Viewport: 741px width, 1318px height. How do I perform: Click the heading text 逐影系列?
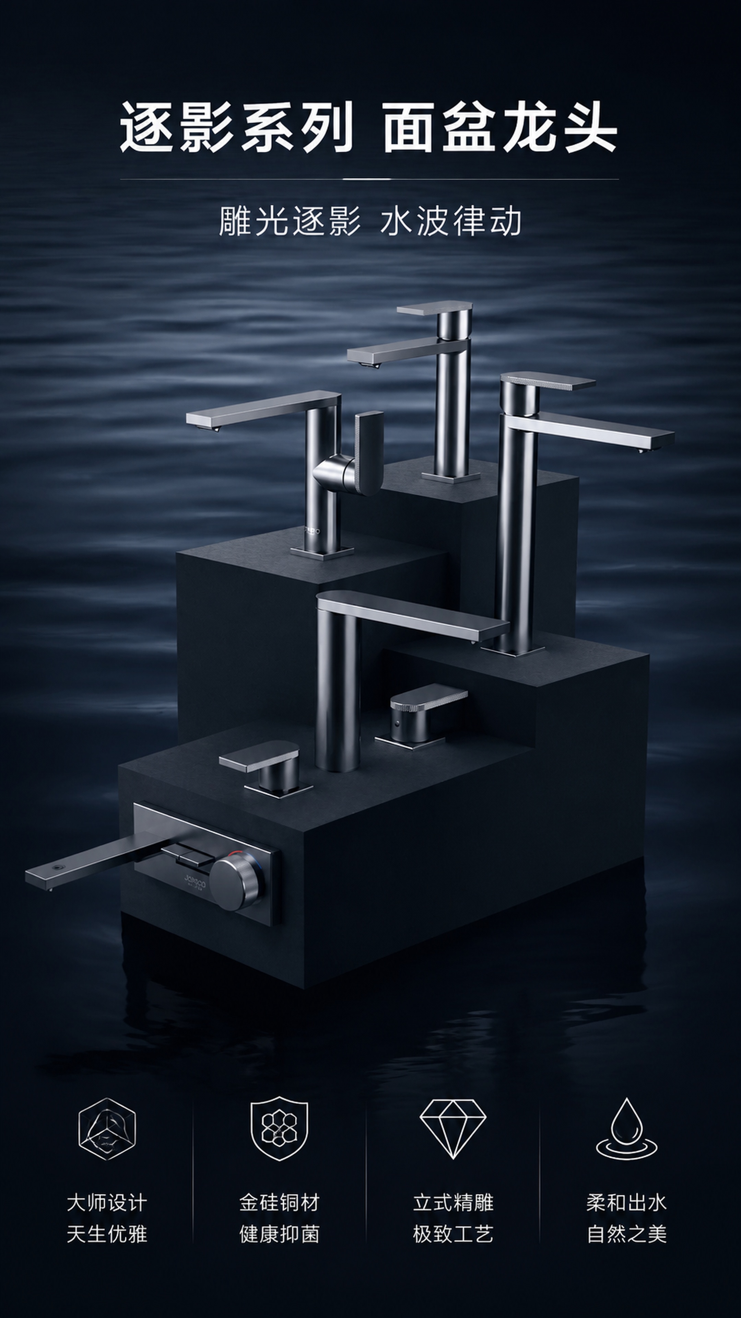(x=237, y=127)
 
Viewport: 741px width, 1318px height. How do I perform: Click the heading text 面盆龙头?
(x=500, y=127)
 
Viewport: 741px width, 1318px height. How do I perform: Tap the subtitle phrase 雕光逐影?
(x=290, y=221)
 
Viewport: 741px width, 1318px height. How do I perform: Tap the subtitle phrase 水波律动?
(x=450, y=221)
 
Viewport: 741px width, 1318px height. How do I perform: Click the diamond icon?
(x=452, y=1129)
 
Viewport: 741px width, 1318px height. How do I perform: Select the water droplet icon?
(x=626, y=1128)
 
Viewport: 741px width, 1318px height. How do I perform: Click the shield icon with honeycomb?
(x=279, y=1128)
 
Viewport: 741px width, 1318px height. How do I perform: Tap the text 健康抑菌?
(x=279, y=1235)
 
